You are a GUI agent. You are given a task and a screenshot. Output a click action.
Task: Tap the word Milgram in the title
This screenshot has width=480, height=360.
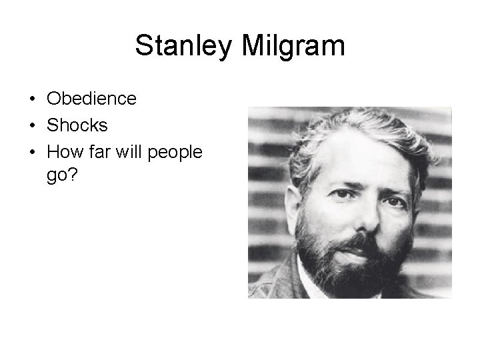coord(291,46)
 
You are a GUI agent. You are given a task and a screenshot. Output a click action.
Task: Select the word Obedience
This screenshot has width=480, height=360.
coord(91,99)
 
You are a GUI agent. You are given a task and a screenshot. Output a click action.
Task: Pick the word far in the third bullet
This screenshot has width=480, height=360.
coord(100,152)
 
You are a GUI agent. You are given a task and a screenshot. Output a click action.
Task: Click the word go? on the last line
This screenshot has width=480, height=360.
coord(61,178)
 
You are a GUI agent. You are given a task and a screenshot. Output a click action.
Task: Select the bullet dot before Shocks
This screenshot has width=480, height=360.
coord(32,126)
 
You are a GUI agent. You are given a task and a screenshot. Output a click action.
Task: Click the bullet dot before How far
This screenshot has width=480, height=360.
coord(32,153)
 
